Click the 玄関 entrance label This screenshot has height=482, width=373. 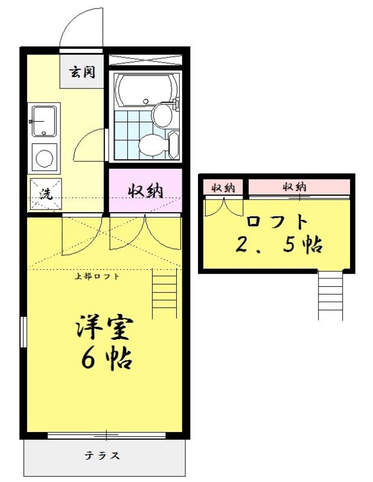pos(82,72)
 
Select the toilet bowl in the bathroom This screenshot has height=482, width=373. pos(150,145)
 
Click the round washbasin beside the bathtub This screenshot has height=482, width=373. pos(162,114)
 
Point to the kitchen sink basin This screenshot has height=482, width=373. pos(44,121)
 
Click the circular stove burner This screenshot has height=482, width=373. pos(44,158)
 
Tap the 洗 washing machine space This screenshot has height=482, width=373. pos(46,194)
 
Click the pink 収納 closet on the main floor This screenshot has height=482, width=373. pos(145,190)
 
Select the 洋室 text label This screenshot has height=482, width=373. pos(105,328)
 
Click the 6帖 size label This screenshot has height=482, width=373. pos(107,358)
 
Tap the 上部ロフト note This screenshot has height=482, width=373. pos(97,276)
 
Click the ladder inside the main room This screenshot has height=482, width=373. pos(165,293)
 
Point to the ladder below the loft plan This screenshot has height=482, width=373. pos(331,296)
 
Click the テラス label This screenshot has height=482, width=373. pos(102,455)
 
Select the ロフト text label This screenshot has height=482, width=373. pos(277,222)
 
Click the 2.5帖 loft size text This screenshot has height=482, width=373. pos(279,245)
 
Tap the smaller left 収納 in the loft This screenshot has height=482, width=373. pos(223,187)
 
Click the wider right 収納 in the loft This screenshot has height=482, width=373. pos(299,187)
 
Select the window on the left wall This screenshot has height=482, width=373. pos(23,331)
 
